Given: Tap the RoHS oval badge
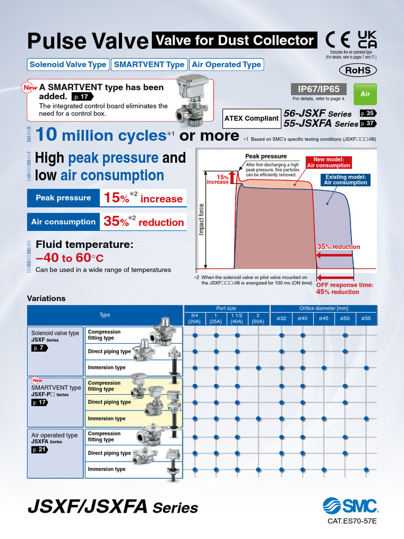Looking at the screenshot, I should click(358, 70).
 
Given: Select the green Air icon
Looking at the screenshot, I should click(365, 94).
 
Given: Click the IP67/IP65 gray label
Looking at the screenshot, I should click(319, 89).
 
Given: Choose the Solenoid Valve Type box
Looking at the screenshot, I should click(68, 65).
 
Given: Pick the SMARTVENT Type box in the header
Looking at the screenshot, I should click(149, 65).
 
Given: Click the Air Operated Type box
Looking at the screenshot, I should click(226, 65).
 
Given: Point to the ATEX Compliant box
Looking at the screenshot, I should click(251, 118).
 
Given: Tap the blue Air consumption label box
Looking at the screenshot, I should click(63, 222).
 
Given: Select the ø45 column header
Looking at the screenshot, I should click(324, 318).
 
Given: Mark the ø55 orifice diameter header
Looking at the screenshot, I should click(366, 318).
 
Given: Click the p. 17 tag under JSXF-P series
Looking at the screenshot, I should click(40, 402).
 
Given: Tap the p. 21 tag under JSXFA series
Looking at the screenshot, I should click(40, 450).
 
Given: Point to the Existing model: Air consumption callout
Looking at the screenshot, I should click(345, 180).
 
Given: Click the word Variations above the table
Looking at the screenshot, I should click(46, 298).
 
